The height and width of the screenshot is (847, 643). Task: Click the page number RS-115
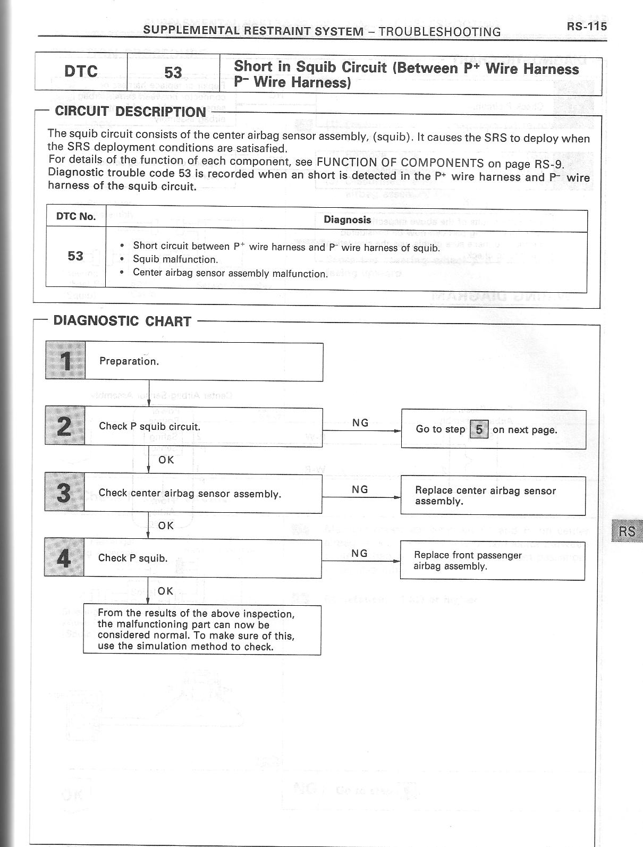[x=586, y=27]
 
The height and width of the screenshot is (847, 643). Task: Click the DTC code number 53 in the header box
[x=173, y=73]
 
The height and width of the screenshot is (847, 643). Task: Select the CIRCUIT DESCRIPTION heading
[x=130, y=112]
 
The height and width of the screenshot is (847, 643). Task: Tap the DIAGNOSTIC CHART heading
[x=122, y=321]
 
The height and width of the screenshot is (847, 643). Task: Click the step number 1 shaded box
[x=65, y=361]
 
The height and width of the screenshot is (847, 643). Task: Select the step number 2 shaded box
[x=64, y=426]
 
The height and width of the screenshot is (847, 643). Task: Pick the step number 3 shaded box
[x=64, y=493]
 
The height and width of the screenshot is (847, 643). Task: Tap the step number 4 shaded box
[x=64, y=558]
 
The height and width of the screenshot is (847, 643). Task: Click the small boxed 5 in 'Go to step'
[x=479, y=429]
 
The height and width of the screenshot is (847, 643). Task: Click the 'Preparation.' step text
[x=129, y=361]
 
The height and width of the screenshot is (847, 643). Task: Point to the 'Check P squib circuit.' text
[x=149, y=426]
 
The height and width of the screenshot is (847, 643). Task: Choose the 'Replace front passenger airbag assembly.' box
[x=492, y=561]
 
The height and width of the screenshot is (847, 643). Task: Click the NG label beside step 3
[x=360, y=489]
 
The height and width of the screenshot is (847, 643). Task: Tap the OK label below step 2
[x=166, y=460]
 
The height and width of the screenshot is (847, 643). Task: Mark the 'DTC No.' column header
[x=76, y=216]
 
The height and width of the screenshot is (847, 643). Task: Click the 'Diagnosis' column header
[x=347, y=219]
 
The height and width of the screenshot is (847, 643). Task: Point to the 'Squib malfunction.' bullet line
[x=175, y=259]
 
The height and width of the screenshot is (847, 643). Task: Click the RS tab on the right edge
[x=627, y=531]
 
